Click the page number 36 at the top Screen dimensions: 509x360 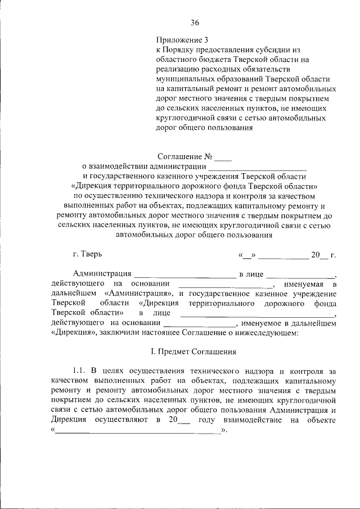195,22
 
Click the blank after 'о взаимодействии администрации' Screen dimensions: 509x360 258,166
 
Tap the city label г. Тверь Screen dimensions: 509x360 88,254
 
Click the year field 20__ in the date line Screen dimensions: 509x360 318,255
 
